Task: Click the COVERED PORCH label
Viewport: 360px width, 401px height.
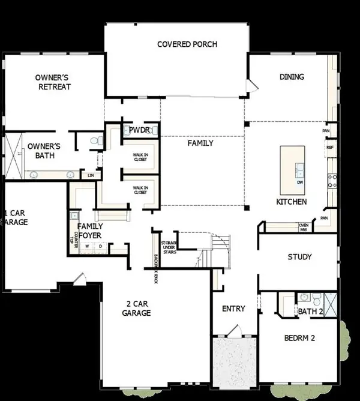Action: tap(187, 44)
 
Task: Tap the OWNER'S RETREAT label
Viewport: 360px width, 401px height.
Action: tap(53, 82)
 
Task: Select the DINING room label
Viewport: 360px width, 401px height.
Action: tap(292, 77)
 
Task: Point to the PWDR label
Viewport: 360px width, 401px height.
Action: tap(140, 129)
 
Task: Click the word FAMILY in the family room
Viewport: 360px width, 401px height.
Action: tap(200, 143)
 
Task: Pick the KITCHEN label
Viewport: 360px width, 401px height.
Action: tap(292, 202)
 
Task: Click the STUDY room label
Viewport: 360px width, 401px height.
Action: tap(299, 257)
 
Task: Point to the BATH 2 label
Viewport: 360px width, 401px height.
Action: tap(310, 311)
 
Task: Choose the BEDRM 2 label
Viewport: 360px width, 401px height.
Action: tap(299, 339)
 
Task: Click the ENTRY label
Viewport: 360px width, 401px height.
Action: tap(233, 309)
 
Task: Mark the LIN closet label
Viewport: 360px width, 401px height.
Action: tap(91, 175)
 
